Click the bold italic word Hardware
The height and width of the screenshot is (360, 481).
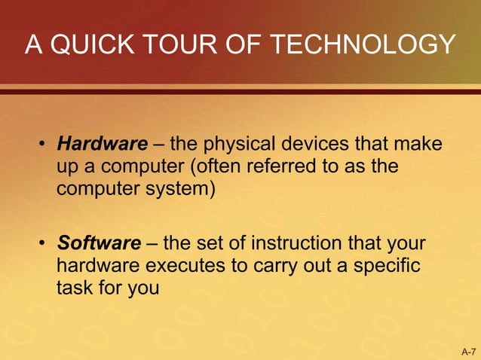103,143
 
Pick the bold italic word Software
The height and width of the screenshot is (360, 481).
100,244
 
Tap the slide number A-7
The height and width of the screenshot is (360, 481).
467,352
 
